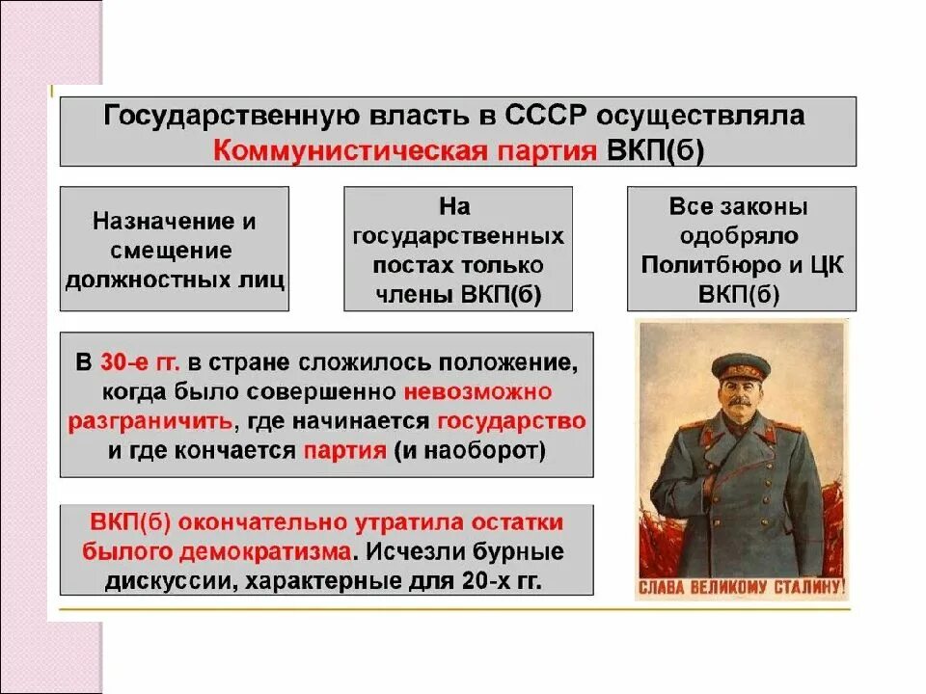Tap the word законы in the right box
tap(762, 206)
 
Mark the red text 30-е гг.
tap(140, 363)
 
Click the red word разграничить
tap(150, 422)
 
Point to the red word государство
tap(511, 422)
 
